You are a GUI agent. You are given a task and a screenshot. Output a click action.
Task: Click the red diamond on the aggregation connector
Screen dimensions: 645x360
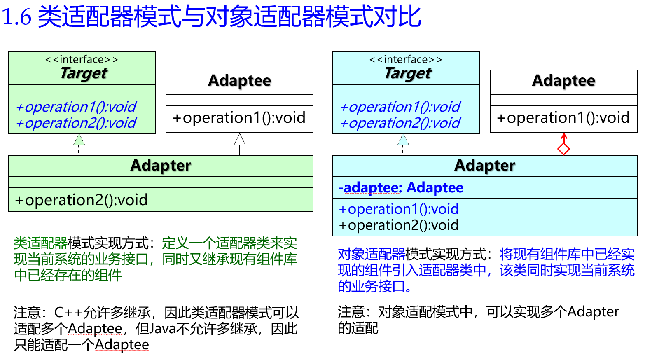pos(563,149)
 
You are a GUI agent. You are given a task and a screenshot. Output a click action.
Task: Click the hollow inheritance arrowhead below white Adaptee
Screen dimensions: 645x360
pos(240,139)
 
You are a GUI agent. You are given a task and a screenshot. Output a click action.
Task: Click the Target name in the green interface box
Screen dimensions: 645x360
pos(84,73)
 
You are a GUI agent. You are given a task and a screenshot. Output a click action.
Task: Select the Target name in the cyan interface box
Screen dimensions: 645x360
pos(408,73)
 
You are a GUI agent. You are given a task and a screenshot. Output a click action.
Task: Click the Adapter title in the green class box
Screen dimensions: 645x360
pos(161,166)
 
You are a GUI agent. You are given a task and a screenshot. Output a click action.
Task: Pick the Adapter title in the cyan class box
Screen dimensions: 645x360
pos(485,166)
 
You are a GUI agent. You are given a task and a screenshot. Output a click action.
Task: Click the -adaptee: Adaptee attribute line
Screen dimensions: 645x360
pos(401,188)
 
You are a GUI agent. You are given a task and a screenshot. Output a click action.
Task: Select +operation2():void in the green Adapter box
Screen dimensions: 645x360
pos(81,200)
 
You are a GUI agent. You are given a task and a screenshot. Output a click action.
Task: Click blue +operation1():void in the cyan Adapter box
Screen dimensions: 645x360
pos(399,209)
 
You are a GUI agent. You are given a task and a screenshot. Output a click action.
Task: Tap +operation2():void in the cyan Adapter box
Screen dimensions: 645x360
pos(399,225)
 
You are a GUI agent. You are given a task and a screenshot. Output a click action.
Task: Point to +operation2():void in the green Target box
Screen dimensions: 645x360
pos(76,123)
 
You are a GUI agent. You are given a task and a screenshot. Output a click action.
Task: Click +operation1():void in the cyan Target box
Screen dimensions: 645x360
pos(400,107)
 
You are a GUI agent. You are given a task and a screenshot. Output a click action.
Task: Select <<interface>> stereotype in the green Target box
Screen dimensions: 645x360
pos(82,59)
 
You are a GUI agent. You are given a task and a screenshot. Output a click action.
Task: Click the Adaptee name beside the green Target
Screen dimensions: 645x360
pos(240,81)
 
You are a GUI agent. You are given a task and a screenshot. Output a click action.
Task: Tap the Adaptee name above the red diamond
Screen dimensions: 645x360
pos(563,81)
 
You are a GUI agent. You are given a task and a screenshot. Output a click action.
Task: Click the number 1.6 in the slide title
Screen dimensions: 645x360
pos(17,17)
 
